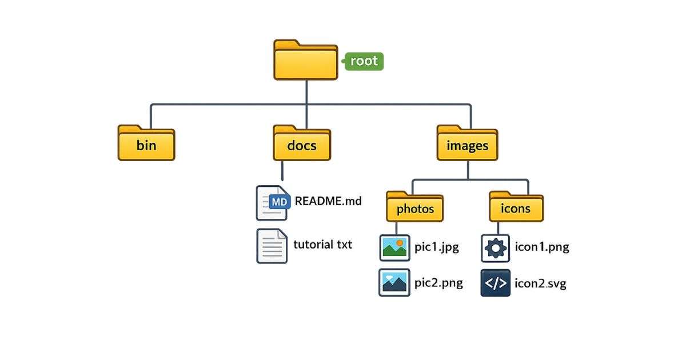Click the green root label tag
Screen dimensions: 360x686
[364, 61]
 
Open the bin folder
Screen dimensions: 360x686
[146, 143]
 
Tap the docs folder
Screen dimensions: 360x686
[302, 143]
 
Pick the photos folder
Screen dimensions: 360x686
[416, 207]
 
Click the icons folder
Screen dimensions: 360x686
[516, 207]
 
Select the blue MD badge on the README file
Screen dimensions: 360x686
[280, 202]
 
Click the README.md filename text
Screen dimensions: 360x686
[328, 201]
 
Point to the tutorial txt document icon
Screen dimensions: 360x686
[272, 246]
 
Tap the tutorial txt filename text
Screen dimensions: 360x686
[322, 245]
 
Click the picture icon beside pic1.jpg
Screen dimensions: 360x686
[394, 247]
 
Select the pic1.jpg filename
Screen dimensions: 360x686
[437, 247]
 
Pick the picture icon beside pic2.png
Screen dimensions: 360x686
[394, 282]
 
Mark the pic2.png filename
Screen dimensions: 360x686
[438, 283]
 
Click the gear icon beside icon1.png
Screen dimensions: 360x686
[496, 247]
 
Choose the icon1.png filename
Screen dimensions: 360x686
[542, 247]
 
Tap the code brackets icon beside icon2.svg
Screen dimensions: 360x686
[496, 283]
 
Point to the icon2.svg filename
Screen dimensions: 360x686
[541, 283]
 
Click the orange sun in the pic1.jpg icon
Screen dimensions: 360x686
[400, 243]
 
